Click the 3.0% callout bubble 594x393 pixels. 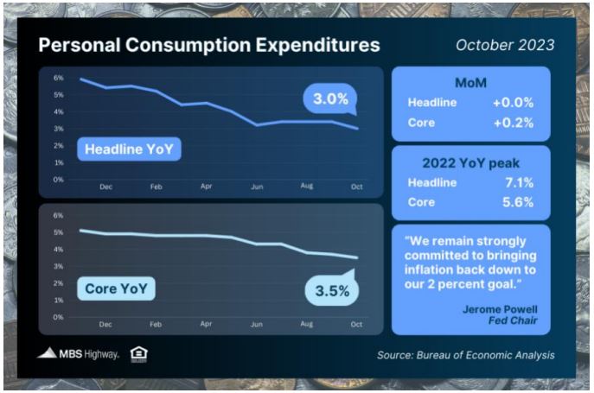330,98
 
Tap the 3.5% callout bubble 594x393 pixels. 332,290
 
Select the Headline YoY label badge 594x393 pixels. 129,149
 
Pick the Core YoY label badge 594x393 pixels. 117,288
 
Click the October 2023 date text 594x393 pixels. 505,45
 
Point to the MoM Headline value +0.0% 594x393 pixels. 514,103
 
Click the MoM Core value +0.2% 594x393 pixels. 514,123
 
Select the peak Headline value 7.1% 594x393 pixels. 520,182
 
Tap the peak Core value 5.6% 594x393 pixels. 518,202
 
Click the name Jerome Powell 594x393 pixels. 500,309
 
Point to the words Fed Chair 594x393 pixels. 513,320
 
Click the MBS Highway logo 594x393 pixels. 78,353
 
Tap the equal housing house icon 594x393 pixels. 138,354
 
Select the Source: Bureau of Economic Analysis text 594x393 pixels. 465,355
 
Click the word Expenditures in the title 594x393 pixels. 317,45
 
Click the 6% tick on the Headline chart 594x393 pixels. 58,78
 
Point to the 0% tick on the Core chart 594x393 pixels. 58,317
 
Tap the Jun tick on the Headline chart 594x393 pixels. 257,187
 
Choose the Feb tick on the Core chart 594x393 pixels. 156,325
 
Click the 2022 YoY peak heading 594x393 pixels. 471,163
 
